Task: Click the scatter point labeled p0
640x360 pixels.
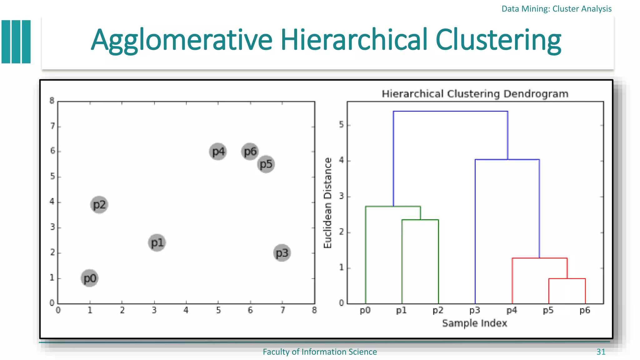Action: (x=90, y=278)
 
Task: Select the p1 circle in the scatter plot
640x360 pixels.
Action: (x=157, y=243)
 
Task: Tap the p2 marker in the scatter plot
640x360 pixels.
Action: (x=99, y=205)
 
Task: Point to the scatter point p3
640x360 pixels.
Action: (x=282, y=253)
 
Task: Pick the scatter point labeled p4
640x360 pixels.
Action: (x=218, y=152)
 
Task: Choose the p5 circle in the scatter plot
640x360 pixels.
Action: (x=266, y=164)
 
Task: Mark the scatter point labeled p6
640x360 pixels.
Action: (x=250, y=152)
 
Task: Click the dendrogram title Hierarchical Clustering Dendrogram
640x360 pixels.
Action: (x=475, y=94)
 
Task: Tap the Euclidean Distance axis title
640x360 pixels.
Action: (x=327, y=203)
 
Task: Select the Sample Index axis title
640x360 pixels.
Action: (x=474, y=323)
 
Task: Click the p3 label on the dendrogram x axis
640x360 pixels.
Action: (x=475, y=310)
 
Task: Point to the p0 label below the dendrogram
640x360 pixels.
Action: (x=365, y=310)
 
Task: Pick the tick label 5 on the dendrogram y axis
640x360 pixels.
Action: (x=341, y=125)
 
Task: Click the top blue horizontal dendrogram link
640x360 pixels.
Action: (x=450, y=111)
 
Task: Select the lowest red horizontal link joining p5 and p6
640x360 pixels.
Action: (x=567, y=278)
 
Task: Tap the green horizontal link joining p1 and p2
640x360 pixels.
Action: (x=420, y=220)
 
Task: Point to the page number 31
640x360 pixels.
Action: (x=601, y=352)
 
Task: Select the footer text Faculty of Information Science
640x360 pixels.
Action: (x=320, y=352)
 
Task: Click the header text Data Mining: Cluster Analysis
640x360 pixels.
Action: (x=556, y=9)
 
